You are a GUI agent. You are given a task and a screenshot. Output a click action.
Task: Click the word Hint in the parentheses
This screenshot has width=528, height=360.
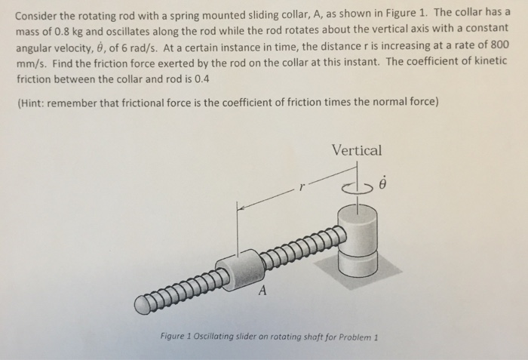(34, 103)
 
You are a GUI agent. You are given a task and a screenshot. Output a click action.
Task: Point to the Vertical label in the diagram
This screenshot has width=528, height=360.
(357, 150)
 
